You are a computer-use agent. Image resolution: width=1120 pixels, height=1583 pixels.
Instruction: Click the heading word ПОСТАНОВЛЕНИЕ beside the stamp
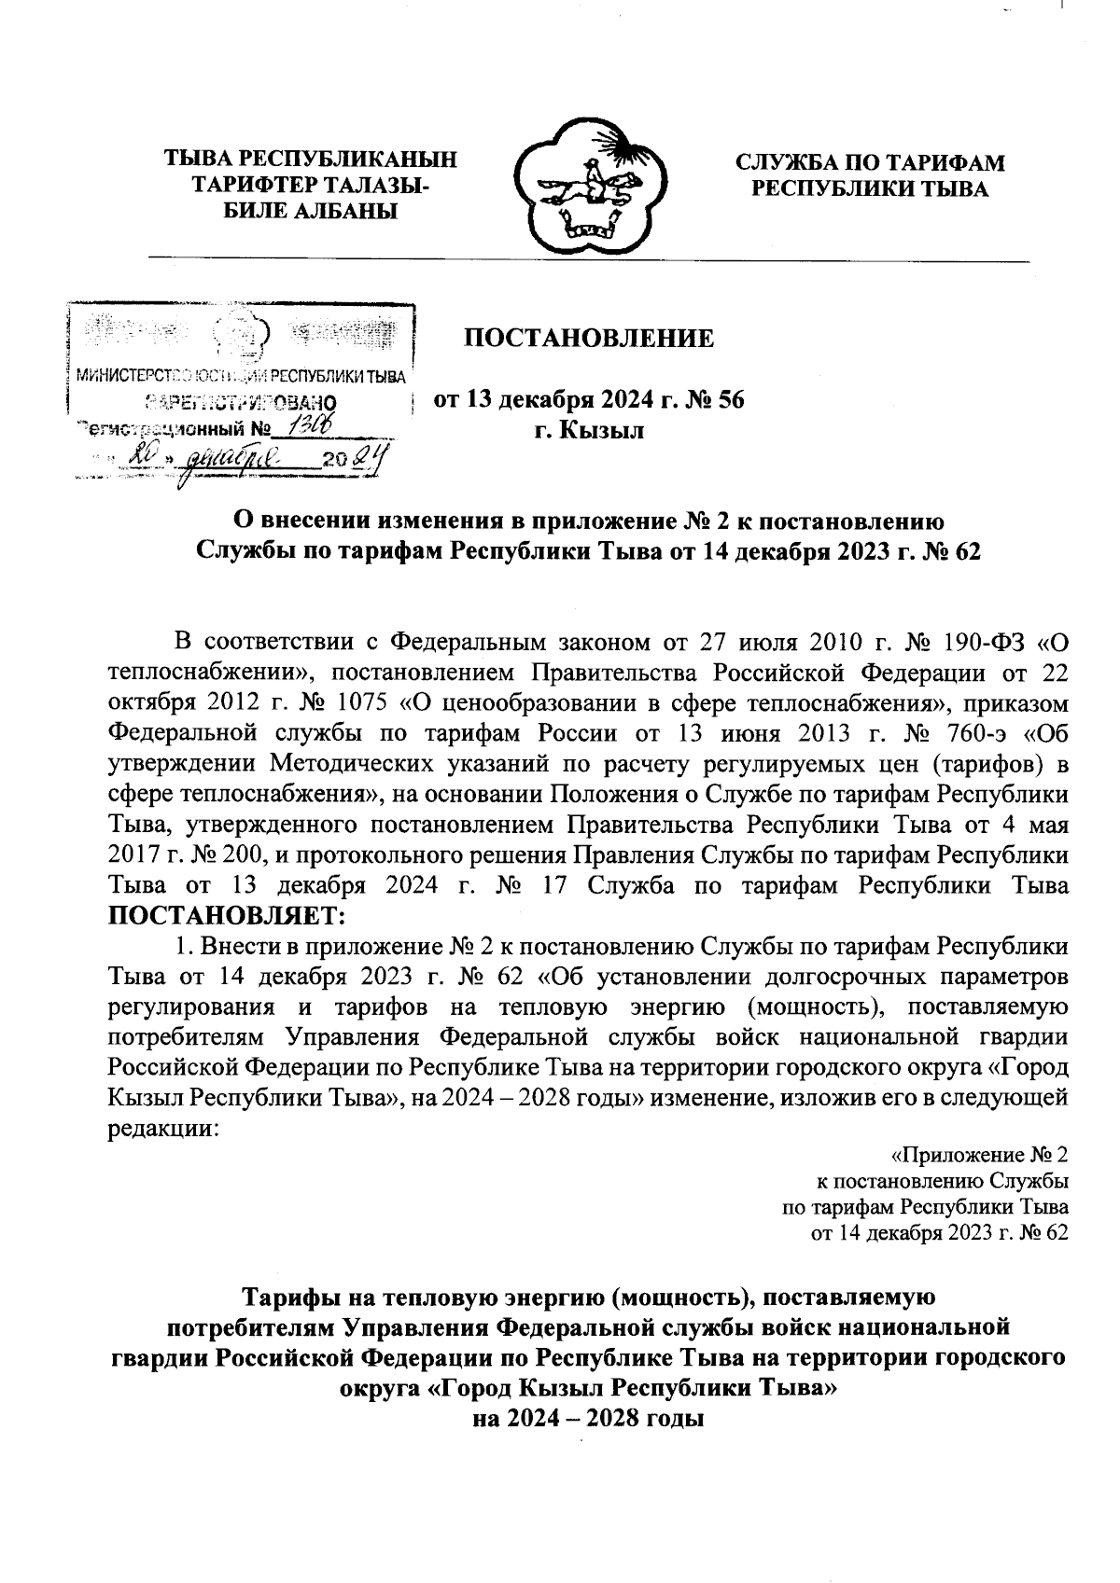coord(589,338)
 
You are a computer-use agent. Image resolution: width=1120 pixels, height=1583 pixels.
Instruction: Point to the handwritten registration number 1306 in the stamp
coord(307,425)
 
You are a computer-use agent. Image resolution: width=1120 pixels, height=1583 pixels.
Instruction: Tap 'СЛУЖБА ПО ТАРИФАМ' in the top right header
coord(870,163)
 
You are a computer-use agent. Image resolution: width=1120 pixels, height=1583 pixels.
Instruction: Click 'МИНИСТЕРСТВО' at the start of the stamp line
coord(128,378)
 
